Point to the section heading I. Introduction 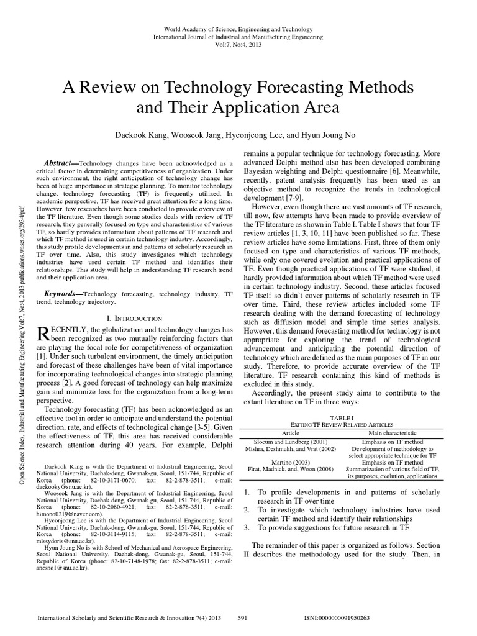(135, 317)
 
